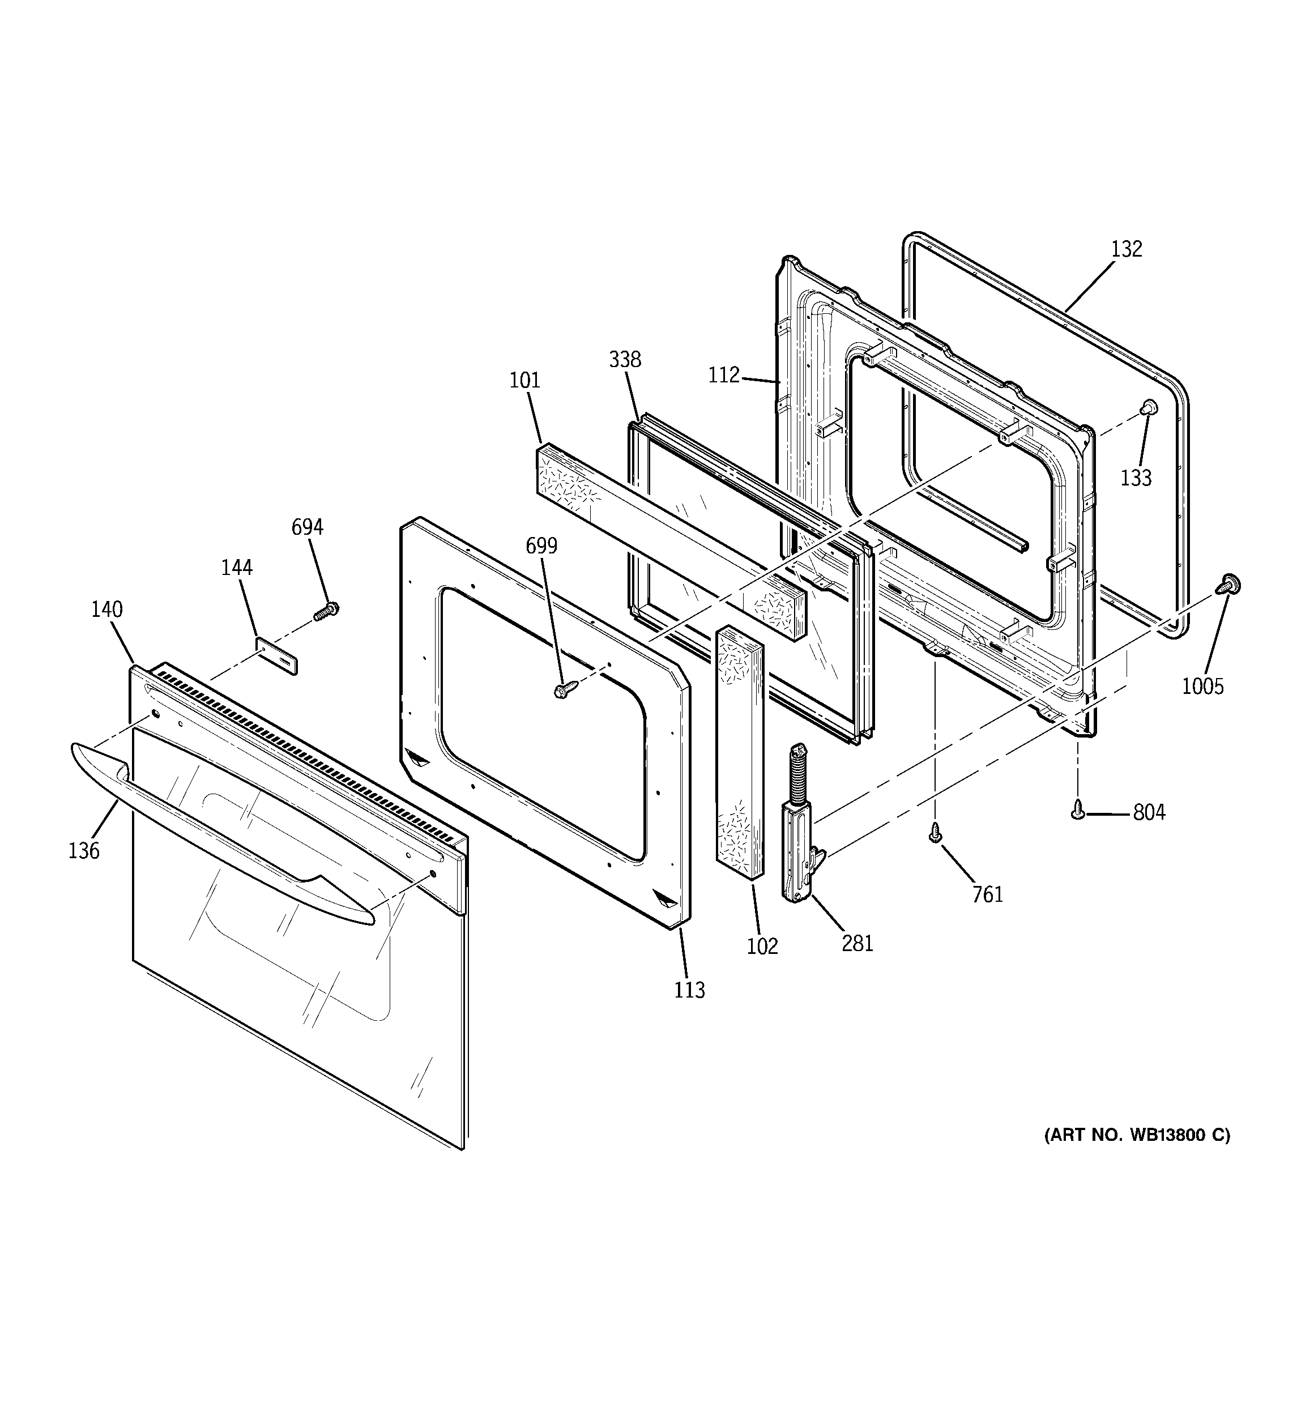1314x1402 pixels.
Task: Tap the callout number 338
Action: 625,360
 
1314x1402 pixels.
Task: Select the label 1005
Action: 1202,686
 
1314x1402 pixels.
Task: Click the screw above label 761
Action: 935,832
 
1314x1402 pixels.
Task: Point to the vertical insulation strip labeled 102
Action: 739,751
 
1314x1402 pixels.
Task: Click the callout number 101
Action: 525,381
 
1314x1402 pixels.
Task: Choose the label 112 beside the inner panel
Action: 724,375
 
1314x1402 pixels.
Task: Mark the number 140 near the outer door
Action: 106,610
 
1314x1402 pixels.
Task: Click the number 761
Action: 987,894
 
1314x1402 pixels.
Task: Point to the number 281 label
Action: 857,943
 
